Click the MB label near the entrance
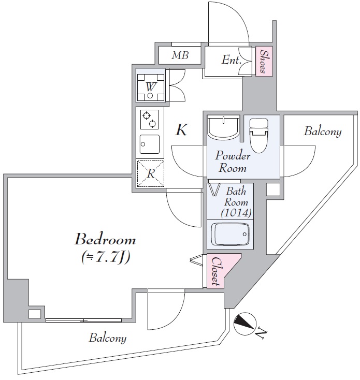click(x=180, y=55)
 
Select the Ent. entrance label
click(x=231, y=60)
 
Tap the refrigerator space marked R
click(x=150, y=174)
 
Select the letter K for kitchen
click(x=181, y=130)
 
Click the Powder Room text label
click(x=233, y=162)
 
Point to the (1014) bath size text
click(x=236, y=212)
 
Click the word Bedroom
click(x=105, y=240)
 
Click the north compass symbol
click(x=243, y=324)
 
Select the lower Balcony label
click(x=108, y=339)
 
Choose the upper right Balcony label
click(x=323, y=131)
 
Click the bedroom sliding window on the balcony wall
click(x=83, y=320)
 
